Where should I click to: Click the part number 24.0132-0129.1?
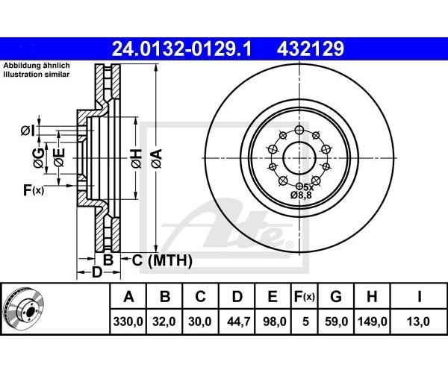point(181,48)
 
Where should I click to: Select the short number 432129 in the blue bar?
point(311,48)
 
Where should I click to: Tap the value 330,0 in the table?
point(128,322)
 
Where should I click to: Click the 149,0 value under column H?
point(373,322)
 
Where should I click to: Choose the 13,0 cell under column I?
point(418,322)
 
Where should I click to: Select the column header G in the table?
point(336,296)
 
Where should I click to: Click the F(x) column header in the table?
point(305,297)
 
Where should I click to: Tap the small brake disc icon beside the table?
point(23,309)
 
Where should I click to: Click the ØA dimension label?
point(157,158)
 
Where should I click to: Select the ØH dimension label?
point(137,158)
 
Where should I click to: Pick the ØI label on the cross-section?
point(28,131)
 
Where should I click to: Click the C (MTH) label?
point(162,260)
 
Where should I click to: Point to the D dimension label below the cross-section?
point(97,272)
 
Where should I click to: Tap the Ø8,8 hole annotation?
point(301,195)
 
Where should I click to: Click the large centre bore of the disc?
point(299,158)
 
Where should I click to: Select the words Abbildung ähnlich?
point(37,66)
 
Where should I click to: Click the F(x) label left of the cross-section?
point(34,190)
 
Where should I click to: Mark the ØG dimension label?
point(39,158)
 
